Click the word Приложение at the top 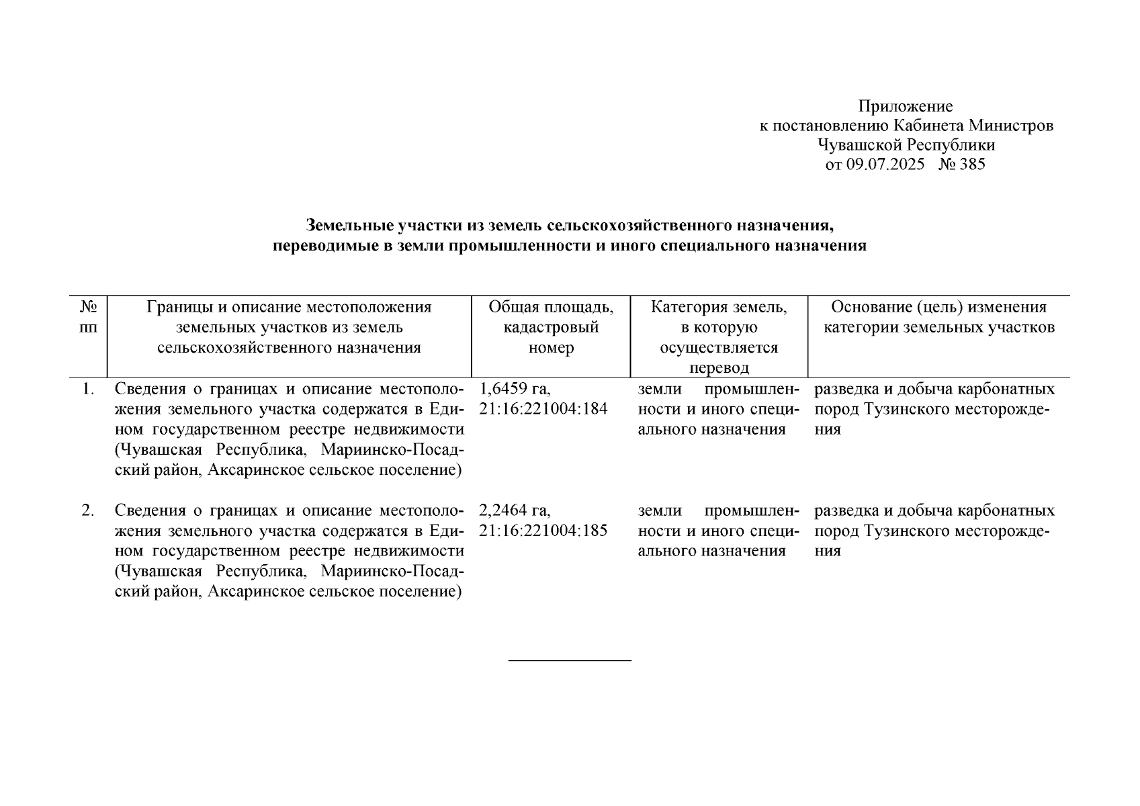(x=905, y=106)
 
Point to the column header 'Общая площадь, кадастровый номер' (x=551, y=327)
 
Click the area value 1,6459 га (x=515, y=390)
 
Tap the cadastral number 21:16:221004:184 (x=543, y=409)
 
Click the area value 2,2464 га (x=515, y=511)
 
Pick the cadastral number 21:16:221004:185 (x=543, y=531)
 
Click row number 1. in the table (x=87, y=390)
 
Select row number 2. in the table (x=87, y=511)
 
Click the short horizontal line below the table (x=570, y=661)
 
